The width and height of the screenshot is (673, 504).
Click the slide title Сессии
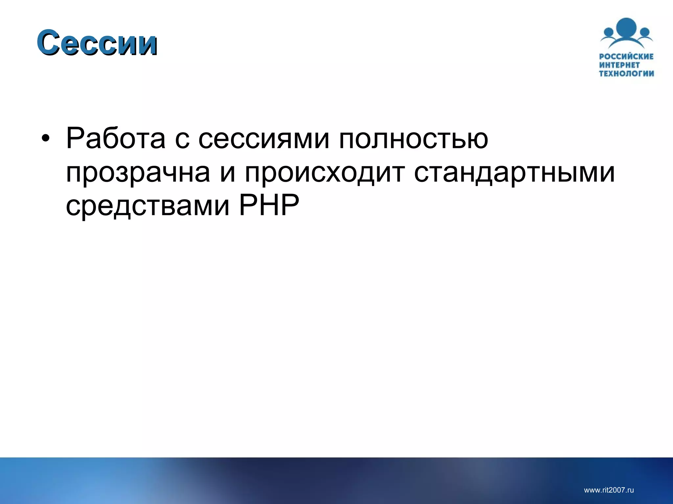97,43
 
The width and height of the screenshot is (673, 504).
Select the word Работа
116,138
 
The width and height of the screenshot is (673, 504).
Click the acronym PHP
269,205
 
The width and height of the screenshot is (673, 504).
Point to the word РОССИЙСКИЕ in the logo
626,56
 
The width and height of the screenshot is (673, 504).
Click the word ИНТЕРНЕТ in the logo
619,65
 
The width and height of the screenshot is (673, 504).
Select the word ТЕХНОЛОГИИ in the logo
626,73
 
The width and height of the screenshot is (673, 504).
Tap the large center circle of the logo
626,29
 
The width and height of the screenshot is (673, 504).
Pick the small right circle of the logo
645,32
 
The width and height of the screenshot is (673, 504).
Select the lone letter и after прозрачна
228,174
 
